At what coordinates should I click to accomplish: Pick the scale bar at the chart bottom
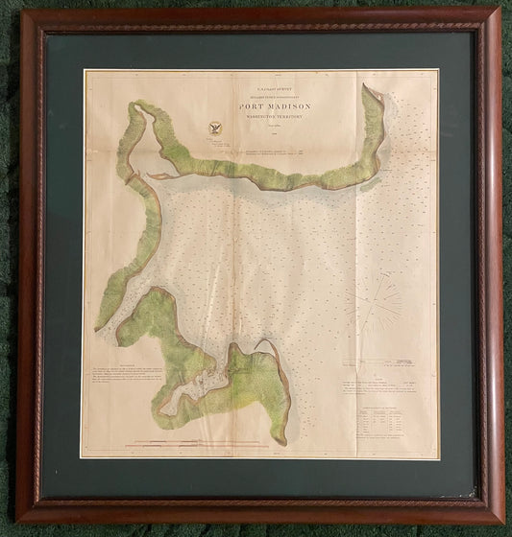[202, 442]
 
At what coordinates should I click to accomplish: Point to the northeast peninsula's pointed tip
[366, 88]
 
